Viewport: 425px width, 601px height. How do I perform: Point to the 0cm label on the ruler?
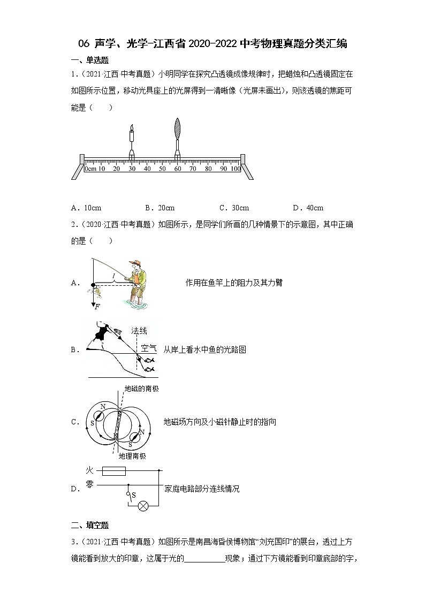(x=90, y=169)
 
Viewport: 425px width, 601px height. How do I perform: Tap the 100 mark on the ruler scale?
(x=235, y=169)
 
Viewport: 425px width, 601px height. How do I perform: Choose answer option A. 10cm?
(x=86, y=208)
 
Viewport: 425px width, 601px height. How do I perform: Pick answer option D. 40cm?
(x=308, y=208)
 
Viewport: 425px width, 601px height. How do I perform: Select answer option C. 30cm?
(x=234, y=208)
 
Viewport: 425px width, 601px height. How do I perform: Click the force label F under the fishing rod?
(x=96, y=307)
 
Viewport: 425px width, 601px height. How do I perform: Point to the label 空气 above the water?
(x=149, y=348)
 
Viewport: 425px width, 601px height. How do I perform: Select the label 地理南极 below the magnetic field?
(x=132, y=456)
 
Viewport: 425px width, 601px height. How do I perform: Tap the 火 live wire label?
(x=90, y=470)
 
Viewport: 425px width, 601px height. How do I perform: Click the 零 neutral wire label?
(x=90, y=485)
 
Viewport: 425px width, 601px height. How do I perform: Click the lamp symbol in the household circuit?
(x=143, y=505)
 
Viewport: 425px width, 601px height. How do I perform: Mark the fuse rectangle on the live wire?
(x=113, y=471)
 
